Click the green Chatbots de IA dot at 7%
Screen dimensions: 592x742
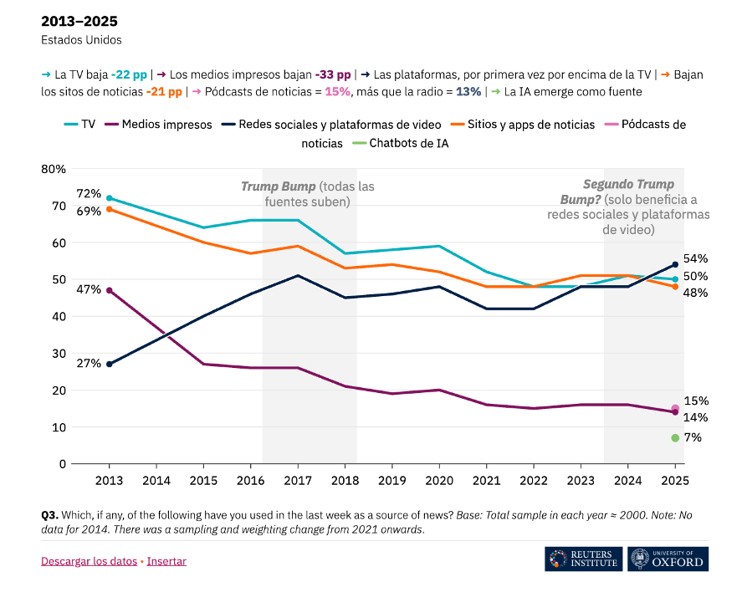click(674, 437)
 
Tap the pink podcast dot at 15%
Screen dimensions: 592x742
click(675, 409)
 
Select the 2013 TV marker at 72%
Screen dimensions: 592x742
click(109, 198)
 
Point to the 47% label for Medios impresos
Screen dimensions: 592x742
click(88, 289)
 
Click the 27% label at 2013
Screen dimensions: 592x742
click(88, 364)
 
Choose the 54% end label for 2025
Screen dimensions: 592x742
click(695, 259)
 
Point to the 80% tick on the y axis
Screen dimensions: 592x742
click(54, 169)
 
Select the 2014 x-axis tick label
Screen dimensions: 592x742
click(156, 480)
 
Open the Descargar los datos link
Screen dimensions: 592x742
click(89, 561)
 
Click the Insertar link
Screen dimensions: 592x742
click(166, 561)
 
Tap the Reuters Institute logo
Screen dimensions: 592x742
click(583, 559)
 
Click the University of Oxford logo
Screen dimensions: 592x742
click(668, 559)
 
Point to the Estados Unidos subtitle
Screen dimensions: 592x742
click(81, 39)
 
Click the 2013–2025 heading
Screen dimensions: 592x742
click(79, 21)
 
